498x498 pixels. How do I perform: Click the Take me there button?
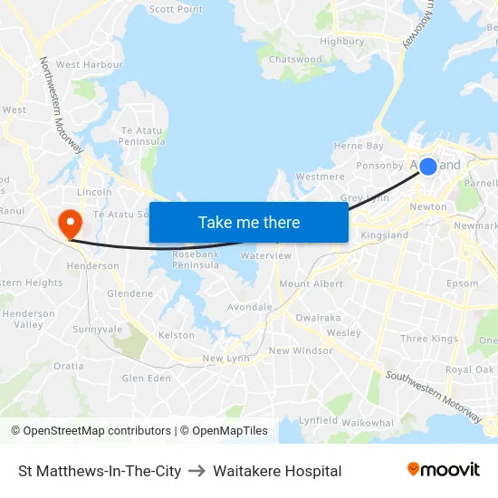coord(248,222)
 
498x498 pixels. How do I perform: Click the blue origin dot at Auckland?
coord(427,166)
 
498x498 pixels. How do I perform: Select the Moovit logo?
coord(444,470)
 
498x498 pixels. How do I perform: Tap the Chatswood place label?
coord(296,60)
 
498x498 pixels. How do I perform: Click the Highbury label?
coord(342,41)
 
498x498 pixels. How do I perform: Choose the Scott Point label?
coord(176,9)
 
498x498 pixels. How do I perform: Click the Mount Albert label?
coord(311,284)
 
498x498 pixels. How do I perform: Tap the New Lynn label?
coord(225,359)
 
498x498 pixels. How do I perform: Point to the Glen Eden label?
coord(146,378)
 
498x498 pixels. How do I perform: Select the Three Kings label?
coord(429,339)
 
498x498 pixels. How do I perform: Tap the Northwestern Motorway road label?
coord(60,104)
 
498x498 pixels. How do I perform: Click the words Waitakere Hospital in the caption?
coord(277,471)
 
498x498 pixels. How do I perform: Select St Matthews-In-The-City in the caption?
coord(100,471)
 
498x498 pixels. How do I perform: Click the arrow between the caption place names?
coord(197,471)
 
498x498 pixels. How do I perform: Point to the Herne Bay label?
coord(359,146)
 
